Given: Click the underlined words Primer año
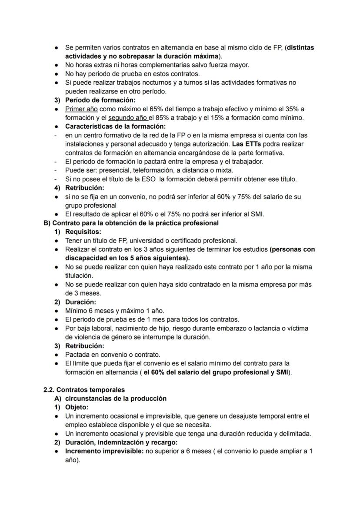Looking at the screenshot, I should coord(81,109).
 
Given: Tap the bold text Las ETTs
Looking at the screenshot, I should coord(247,144).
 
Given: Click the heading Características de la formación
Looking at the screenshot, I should coord(115,126).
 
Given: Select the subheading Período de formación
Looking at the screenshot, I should coord(100,100).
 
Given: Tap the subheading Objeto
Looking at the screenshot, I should coord(77,407).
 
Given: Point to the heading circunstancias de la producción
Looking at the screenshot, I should coord(116,398).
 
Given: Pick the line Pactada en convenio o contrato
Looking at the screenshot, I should coord(113,354).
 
